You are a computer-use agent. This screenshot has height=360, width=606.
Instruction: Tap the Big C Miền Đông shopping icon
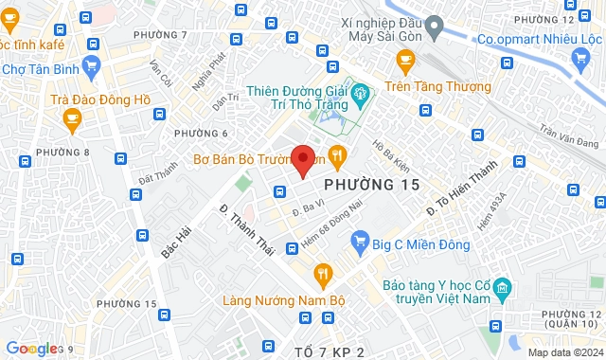point(359,243)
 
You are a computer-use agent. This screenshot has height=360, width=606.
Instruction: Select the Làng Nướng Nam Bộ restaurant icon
point(323,275)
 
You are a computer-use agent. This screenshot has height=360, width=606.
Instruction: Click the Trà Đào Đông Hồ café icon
point(72,117)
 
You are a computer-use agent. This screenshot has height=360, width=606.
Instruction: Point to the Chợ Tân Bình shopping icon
point(91,65)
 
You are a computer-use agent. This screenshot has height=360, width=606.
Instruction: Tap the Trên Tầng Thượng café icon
point(406,63)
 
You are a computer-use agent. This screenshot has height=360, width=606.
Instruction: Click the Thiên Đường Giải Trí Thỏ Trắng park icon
point(359,93)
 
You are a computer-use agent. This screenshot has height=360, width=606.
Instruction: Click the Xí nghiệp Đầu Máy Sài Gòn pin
point(435,25)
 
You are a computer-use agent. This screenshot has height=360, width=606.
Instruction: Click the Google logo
point(30,349)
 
